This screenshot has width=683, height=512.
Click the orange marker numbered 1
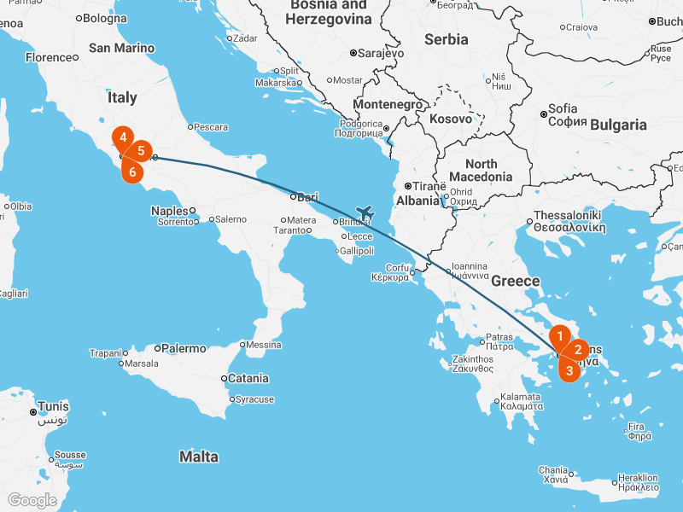(x=560, y=336)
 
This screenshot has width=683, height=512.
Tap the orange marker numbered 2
(x=578, y=349)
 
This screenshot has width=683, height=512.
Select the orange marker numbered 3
(x=569, y=370)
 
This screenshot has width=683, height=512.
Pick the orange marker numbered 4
(x=123, y=137)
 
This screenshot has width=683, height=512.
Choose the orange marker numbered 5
(x=141, y=151)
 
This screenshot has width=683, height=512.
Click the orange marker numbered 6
(x=131, y=171)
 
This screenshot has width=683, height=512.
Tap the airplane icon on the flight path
(x=365, y=212)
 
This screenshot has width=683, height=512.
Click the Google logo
(x=32, y=500)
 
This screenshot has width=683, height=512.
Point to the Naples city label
(x=169, y=211)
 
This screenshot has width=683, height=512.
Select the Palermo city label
(x=184, y=348)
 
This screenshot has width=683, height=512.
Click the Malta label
(x=198, y=457)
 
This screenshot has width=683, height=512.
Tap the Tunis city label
(x=52, y=406)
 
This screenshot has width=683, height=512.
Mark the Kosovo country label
(x=451, y=119)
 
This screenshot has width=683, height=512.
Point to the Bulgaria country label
(x=618, y=125)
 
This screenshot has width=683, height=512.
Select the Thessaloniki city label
(x=568, y=216)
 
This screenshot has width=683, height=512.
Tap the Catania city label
(x=248, y=378)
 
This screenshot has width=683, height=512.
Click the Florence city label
(x=49, y=57)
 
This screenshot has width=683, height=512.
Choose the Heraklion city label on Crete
(x=639, y=478)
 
